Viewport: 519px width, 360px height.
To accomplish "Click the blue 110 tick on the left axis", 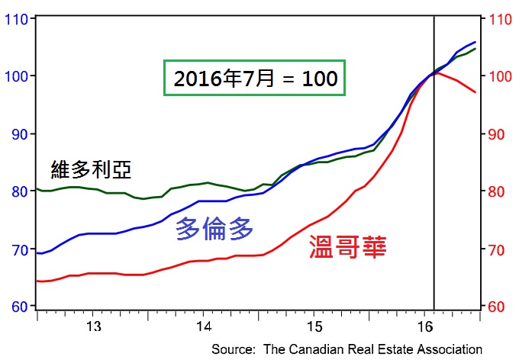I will tap(17, 19).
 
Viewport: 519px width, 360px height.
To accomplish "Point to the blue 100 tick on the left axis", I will tap(17, 76).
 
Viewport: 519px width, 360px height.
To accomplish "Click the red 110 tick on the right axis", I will tap(499, 19).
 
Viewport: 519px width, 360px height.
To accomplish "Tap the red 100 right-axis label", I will tap(499, 76).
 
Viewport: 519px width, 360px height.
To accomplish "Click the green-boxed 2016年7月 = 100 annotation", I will tap(255, 78).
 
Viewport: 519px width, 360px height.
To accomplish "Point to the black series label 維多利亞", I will tap(85, 169).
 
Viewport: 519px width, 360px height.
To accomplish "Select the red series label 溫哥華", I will tap(347, 246).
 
